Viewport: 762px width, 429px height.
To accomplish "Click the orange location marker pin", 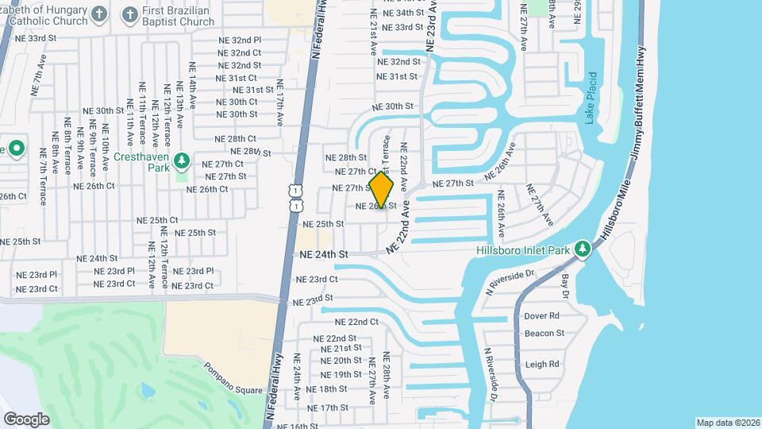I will pos(382,191).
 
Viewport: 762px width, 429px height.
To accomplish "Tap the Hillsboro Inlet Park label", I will pos(523,250).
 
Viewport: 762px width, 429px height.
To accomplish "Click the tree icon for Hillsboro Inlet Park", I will pos(583,249).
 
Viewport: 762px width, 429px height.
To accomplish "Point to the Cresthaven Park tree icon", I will pos(183,161).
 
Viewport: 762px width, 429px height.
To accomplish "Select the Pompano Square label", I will pos(233,378).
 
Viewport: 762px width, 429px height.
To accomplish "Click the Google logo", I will pos(26,419).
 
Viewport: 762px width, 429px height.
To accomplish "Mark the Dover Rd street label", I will pos(541,315).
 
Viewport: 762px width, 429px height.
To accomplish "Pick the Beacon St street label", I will pos(544,334).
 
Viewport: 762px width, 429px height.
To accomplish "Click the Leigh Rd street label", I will pos(542,364).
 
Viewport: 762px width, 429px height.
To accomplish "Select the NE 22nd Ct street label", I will pos(356,322).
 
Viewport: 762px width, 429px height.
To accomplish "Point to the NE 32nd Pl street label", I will pos(240,40).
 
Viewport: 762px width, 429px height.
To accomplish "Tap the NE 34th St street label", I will pos(402,14).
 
